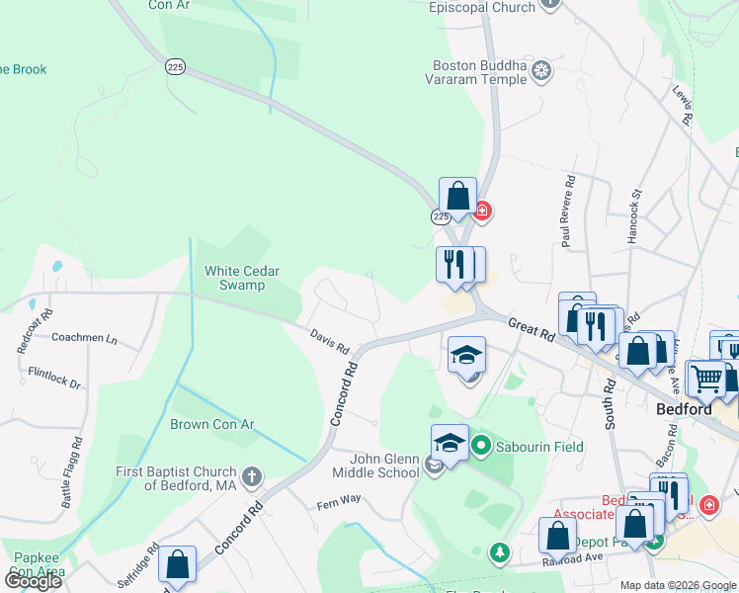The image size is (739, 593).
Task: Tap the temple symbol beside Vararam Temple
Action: pos(541,70)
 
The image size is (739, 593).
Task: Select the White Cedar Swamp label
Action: pos(242,278)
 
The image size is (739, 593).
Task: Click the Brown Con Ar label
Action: pos(211,425)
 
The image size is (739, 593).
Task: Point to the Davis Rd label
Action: pos(330,342)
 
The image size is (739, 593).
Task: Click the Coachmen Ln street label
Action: pos(84,339)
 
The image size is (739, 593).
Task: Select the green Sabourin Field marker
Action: pos(481,447)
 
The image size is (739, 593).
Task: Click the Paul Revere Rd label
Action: pos(568,212)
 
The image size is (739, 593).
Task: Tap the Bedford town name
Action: pos(685,409)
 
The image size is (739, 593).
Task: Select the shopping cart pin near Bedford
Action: pos(706,377)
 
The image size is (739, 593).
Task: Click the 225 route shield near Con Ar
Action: pos(176,67)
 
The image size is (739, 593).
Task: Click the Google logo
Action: pos(33,581)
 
